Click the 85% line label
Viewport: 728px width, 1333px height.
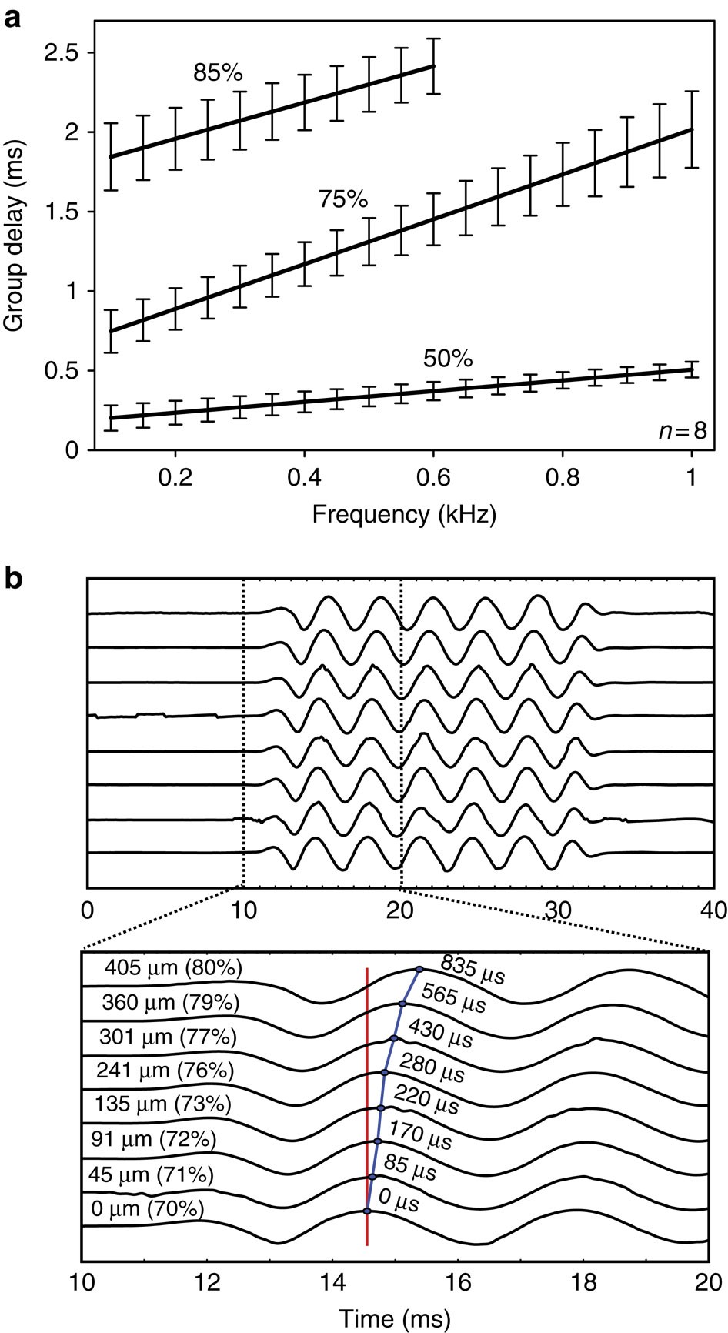218,74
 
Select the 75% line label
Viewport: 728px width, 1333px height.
343,200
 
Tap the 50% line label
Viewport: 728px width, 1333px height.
448,359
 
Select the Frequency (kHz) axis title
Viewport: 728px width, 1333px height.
404,514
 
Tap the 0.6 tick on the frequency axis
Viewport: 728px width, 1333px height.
434,476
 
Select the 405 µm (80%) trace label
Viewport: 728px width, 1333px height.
173,967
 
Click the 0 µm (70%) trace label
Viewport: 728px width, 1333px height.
147,1208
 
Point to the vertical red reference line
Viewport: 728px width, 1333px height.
367,1093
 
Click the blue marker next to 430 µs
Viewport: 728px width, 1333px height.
394,1038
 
